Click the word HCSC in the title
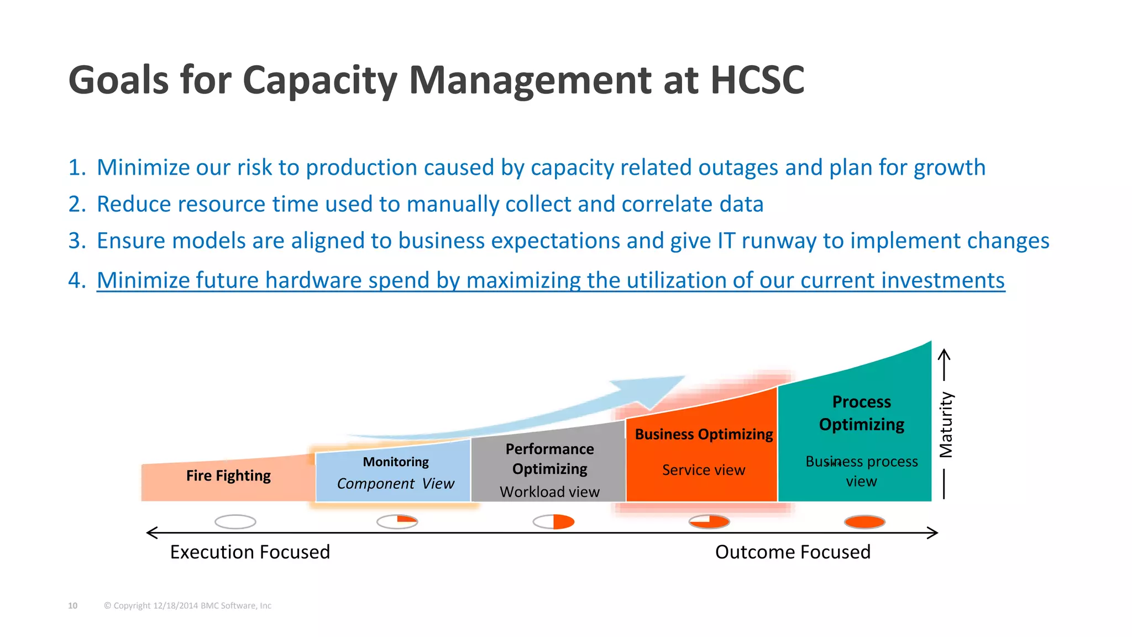pos(757,81)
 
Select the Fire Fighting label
pos(228,476)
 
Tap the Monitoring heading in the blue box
pos(396,462)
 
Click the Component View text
pos(396,484)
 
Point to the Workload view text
pos(549,492)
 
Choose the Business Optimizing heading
pos(704,434)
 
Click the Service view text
pos(704,470)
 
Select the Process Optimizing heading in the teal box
pos(861,413)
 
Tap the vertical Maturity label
pos(946,425)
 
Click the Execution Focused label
pos(250,552)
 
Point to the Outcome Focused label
pos(793,552)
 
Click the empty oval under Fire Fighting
pos(235,521)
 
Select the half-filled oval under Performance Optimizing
pos(553,521)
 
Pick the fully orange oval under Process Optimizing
pos(864,521)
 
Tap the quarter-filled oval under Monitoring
pos(397,521)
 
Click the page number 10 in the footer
pos(72,605)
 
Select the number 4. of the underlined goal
pos(77,280)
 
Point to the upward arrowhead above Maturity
pos(945,354)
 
